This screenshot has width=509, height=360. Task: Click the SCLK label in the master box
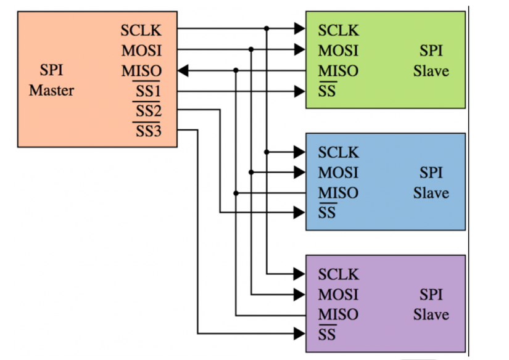(141, 30)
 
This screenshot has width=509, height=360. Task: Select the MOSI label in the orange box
(141, 51)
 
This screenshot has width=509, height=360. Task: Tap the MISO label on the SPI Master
(141, 71)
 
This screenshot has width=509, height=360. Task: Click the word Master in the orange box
(51, 91)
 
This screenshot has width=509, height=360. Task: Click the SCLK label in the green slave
(338, 30)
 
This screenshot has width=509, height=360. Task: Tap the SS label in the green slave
(327, 92)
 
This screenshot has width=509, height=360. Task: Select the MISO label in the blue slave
(338, 193)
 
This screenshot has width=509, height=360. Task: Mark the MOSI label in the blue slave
(338, 173)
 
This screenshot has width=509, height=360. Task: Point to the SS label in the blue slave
(327, 213)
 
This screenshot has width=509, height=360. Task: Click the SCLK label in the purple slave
(338, 274)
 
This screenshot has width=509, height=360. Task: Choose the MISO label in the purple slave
(338, 314)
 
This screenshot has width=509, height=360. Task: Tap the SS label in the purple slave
(327, 335)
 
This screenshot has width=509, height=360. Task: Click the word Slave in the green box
(431, 71)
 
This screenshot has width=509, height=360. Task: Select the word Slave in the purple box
(431, 314)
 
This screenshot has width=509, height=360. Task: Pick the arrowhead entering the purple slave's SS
(300, 334)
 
